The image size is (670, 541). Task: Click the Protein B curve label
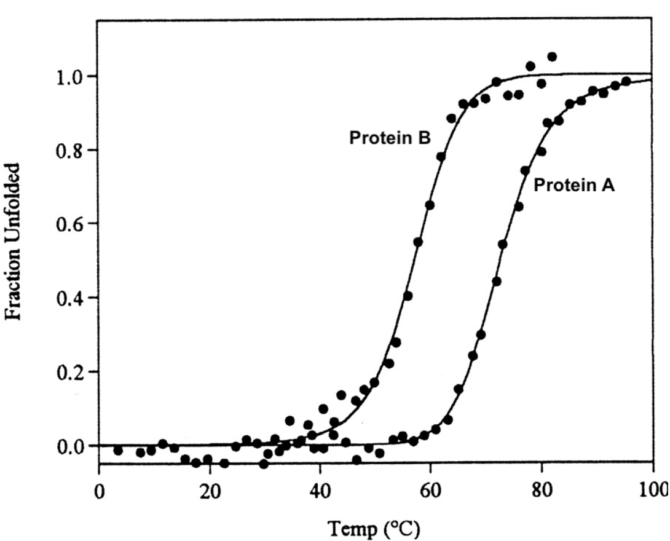(390, 139)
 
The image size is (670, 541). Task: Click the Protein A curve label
(573, 184)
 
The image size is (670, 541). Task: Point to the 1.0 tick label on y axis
(70, 77)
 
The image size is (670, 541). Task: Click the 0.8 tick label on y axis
(70, 151)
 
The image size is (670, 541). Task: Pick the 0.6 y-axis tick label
(70, 224)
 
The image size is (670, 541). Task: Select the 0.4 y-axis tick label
(70, 298)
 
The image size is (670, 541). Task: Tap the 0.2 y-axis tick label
(70, 372)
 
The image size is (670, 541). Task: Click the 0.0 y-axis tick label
(70, 446)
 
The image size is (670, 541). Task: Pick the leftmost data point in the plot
(118, 451)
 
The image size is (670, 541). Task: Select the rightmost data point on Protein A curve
(626, 81)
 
